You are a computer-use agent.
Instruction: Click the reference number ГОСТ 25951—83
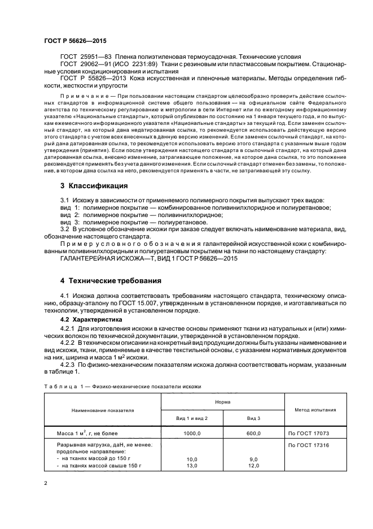pos(84,57)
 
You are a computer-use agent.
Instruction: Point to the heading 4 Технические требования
pos(111,280)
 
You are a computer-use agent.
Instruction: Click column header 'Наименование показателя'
pos(103,410)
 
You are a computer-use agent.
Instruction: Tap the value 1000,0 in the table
pos(192,432)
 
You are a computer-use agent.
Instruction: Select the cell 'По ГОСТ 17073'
pos(308,432)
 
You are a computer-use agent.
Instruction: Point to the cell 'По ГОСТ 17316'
pos(308,446)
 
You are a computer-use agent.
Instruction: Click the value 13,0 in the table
pos(192,465)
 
